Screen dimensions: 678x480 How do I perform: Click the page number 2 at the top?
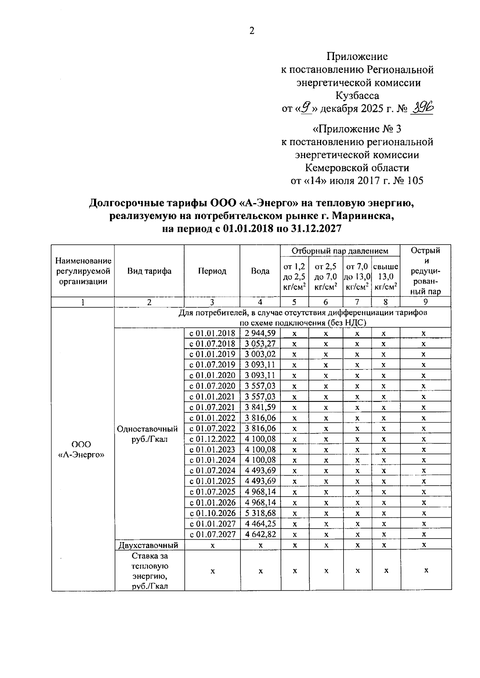(252, 31)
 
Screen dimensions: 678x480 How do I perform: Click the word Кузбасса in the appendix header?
(358, 96)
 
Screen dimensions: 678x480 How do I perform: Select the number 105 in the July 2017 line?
(415, 180)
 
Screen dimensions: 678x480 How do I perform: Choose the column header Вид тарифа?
(149, 271)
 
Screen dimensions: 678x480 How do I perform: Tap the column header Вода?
(260, 271)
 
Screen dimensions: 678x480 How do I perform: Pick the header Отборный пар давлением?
(340, 251)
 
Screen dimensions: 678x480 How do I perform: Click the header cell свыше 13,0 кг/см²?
(386, 276)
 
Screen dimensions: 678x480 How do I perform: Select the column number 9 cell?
(426, 302)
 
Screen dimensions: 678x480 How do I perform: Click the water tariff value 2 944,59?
(260, 333)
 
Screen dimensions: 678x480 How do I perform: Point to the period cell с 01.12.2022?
(212, 439)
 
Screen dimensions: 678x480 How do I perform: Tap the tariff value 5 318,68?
(260, 513)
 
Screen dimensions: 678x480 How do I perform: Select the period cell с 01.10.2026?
(212, 513)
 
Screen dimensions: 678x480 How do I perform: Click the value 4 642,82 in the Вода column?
(260, 534)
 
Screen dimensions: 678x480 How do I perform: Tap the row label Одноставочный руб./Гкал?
(147, 434)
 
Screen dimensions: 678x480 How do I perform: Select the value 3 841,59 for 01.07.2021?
(260, 407)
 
